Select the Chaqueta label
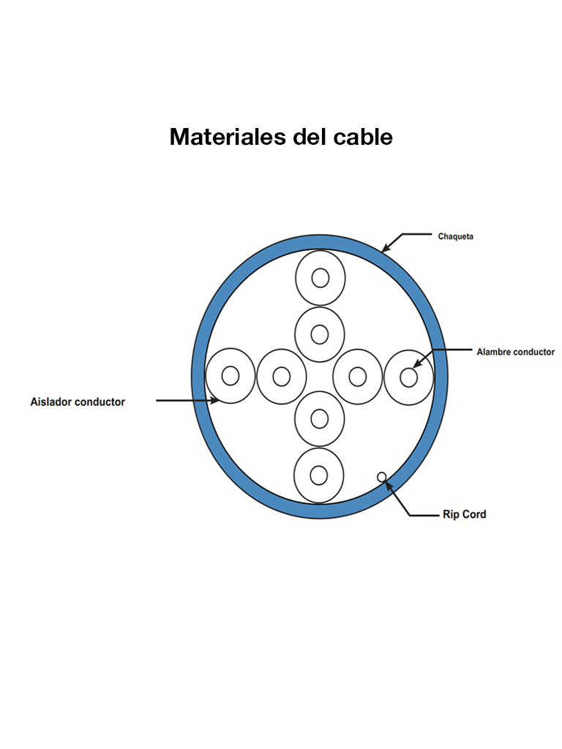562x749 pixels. pyautogui.click(x=455, y=236)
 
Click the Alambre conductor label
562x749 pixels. pyautogui.click(x=515, y=352)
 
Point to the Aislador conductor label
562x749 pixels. pyautogui.click(x=78, y=402)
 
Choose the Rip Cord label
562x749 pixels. pyautogui.click(x=464, y=514)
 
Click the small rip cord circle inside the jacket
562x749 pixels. pyautogui.click(x=382, y=477)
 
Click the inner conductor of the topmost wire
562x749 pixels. pyautogui.click(x=320, y=278)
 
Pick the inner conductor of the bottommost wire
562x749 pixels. pyautogui.click(x=318, y=475)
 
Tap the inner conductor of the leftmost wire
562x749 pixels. pyautogui.click(x=231, y=376)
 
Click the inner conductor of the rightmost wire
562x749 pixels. pyautogui.click(x=408, y=377)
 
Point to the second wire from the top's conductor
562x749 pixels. pyautogui.click(x=320, y=334)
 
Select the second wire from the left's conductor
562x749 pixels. pyautogui.click(x=282, y=377)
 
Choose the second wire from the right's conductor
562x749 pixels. pyautogui.click(x=357, y=377)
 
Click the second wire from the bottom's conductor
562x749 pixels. pyautogui.click(x=319, y=418)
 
